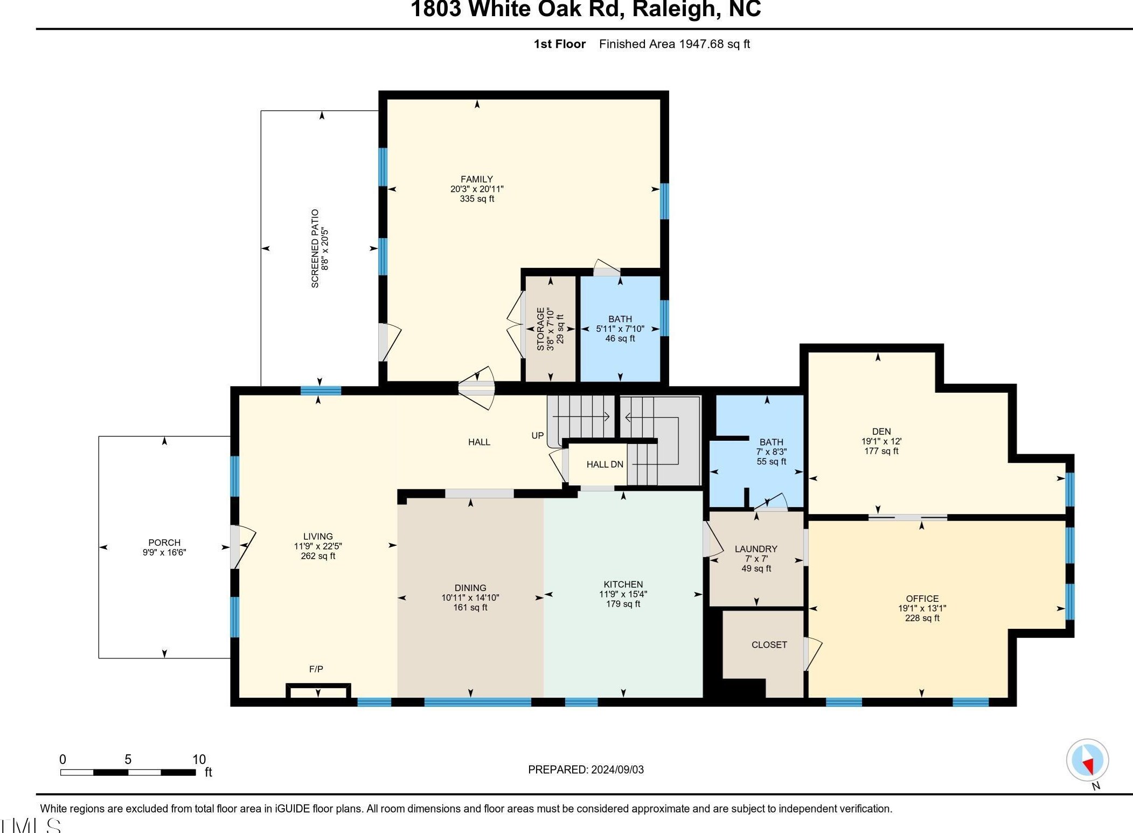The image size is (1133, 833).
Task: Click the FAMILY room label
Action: coord(476,179)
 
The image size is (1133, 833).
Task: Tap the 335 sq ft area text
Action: coord(477,199)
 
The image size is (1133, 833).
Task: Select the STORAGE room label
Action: coord(540,329)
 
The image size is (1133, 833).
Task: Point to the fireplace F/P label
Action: coord(316,669)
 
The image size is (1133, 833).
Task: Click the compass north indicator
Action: coord(1088,760)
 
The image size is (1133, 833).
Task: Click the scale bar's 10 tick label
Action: coord(199,760)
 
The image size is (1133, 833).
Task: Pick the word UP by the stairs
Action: coord(538,435)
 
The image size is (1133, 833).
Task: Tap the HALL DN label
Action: coord(604,464)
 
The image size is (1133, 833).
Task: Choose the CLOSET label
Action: coord(769,645)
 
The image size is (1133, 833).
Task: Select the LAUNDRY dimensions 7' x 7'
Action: coord(756,559)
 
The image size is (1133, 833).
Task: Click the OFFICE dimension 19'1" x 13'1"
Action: coord(922,608)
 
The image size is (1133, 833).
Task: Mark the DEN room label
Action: coord(881,432)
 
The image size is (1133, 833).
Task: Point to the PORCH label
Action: coord(164,543)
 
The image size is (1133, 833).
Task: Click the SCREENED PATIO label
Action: coord(315,248)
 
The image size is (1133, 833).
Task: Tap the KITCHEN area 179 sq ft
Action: coord(623,604)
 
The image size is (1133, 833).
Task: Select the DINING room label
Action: coord(470,588)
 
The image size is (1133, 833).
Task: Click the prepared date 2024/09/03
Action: coord(617,769)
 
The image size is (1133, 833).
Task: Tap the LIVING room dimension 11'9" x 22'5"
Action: coord(318,546)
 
